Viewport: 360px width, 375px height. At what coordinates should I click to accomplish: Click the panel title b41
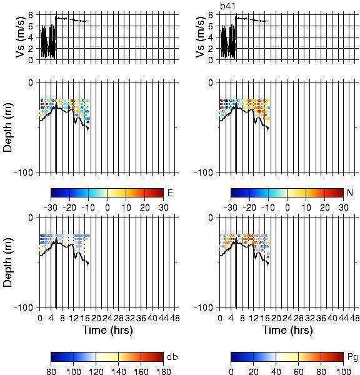(227, 6)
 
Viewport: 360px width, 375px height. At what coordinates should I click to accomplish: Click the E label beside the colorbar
(170, 192)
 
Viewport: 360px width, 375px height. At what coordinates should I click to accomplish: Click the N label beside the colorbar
(350, 192)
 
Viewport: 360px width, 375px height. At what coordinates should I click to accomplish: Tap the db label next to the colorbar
(172, 357)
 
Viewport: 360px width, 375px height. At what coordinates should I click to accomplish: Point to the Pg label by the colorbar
(352, 357)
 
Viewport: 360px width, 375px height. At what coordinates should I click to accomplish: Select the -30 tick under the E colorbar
(51, 207)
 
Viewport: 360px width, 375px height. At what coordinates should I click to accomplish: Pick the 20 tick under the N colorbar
(324, 207)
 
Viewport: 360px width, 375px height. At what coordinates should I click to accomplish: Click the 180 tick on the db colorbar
(163, 371)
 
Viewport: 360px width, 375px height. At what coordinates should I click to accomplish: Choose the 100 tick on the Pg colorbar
(344, 371)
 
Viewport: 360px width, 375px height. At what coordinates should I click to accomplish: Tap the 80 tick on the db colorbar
(51, 371)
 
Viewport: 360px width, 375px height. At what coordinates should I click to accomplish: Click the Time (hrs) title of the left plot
(107, 330)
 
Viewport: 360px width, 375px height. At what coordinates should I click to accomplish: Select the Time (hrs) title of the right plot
(287, 330)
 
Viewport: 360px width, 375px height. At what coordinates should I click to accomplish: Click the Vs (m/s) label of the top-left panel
(20, 37)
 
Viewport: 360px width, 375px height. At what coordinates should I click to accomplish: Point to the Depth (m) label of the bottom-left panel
(7, 262)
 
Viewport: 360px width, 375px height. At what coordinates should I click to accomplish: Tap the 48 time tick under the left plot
(175, 318)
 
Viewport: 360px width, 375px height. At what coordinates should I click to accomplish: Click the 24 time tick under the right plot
(287, 318)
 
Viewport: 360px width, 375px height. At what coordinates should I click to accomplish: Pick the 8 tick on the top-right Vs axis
(211, 15)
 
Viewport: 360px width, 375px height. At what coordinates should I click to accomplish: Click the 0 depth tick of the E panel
(31, 82)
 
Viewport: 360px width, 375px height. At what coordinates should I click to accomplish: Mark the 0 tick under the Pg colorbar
(231, 371)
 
